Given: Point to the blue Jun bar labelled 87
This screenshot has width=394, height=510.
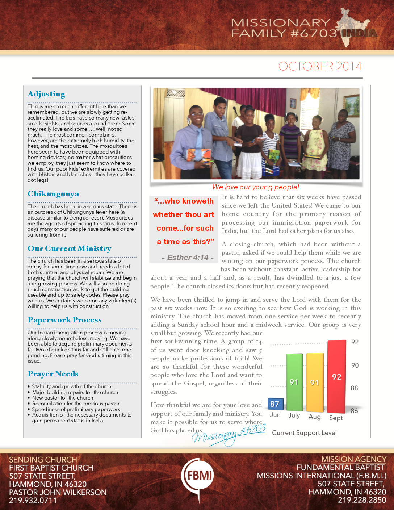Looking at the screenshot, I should (x=275, y=404).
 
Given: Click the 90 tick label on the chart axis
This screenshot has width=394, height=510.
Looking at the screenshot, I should (x=355, y=365).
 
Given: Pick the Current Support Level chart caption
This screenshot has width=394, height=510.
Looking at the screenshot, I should (x=304, y=432).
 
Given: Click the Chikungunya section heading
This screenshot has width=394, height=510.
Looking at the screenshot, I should (x=53, y=194).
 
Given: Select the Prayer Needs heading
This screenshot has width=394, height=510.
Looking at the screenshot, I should (x=53, y=374).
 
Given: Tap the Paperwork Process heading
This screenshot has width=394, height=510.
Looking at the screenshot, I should (x=64, y=320).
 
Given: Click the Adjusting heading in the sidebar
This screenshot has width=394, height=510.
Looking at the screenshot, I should (x=46, y=94).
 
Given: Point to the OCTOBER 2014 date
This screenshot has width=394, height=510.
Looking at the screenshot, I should (x=320, y=66).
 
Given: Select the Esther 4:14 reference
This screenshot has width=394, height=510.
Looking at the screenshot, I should (x=187, y=258).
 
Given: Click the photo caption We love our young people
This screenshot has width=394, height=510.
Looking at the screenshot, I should (x=255, y=187).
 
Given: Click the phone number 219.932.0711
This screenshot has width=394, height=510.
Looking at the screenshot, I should (x=33, y=501).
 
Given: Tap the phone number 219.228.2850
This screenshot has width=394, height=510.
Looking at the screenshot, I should (x=362, y=500).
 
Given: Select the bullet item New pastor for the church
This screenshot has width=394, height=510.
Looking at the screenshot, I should (x=63, y=398).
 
